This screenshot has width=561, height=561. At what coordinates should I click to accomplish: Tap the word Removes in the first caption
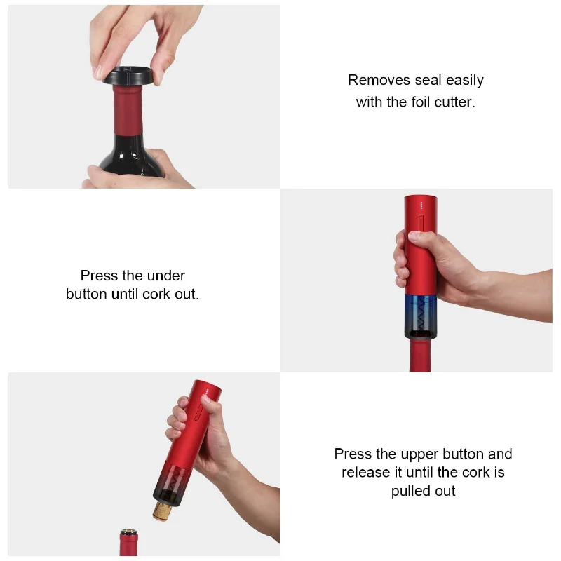coord(379,80)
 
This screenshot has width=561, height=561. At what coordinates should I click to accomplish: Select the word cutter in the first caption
coord(454,102)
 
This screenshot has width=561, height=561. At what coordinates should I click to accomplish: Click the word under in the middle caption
coord(166,276)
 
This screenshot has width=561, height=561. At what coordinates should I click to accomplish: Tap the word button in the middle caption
coord(86,294)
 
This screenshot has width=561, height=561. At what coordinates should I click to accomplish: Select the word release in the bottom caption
coord(366,472)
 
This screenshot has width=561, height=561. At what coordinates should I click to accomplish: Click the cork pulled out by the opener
coord(164,511)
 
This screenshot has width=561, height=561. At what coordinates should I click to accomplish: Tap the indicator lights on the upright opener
coord(421,205)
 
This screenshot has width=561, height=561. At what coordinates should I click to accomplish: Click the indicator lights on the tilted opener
coord(207,393)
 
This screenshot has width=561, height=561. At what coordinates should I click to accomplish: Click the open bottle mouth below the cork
coord(129,532)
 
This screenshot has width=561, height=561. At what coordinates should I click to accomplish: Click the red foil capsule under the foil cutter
coord(128,109)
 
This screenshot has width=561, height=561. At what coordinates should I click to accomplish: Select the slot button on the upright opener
coord(421,223)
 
